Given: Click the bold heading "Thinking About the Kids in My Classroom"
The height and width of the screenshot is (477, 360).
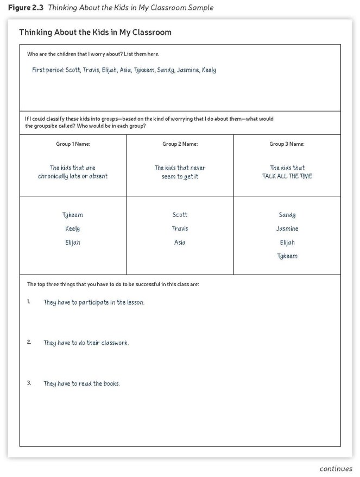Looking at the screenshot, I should point(95,32).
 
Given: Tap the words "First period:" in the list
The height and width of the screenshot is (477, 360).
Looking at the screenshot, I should point(48,70).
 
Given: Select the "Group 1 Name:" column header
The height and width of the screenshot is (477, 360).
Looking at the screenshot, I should point(73,144).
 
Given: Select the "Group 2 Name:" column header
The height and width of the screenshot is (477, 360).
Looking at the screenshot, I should point(180,144).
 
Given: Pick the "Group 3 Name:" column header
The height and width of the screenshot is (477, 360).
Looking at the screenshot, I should point(287,144).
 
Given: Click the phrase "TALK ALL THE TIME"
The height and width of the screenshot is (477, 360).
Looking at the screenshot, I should point(287,176).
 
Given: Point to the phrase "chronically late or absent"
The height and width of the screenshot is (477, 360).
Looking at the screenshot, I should point(73,176).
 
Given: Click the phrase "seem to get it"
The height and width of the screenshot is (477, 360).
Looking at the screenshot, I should point(180,176).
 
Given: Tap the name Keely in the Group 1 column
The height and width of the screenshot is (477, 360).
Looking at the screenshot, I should point(73,229).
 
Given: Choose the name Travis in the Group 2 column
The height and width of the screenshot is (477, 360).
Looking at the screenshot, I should point(180,229).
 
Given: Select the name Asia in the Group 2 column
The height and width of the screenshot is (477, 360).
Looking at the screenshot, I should point(180,243).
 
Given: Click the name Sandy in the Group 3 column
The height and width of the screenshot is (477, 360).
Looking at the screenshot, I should point(287,215).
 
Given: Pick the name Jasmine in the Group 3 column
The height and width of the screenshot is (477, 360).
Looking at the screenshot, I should point(287,229).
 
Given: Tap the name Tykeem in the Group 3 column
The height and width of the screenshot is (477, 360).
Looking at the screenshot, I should point(287,256).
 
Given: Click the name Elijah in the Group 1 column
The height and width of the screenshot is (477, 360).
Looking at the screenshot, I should point(73,243).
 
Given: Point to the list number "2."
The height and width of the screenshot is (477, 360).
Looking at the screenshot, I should point(29,342).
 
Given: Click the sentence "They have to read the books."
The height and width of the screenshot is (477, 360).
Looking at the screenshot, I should point(81,383).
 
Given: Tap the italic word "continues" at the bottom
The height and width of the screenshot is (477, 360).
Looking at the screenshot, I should point(336,468).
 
